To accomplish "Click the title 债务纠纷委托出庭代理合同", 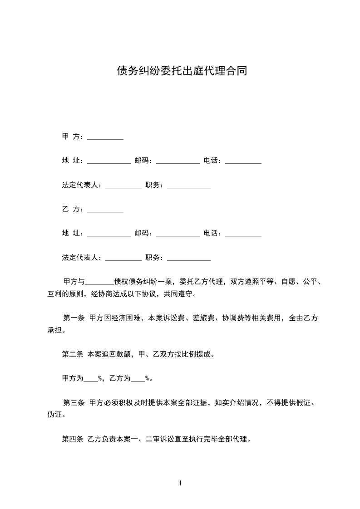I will click(x=182, y=71).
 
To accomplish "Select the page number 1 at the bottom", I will click(x=180, y=483).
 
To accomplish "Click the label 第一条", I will click(x=74, y=318).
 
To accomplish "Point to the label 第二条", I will click(x=72, y=354).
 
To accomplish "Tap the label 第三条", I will click(x=74, y=402).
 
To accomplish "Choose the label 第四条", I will click(x=72, y=439).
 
